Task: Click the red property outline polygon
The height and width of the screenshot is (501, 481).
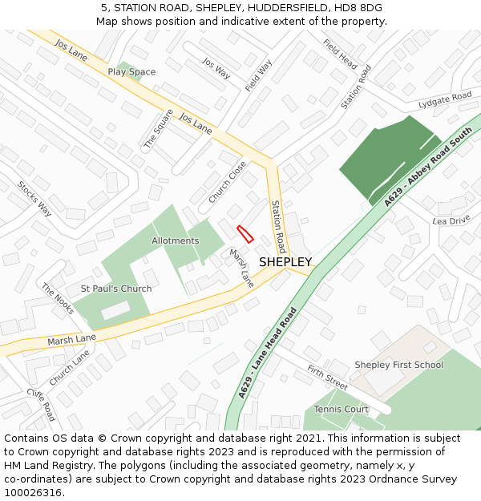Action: [x=245, y=233]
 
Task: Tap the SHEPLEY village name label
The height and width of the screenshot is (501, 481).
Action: [x=285, y=262]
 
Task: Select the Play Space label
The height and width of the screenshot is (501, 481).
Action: [x=131, y=72]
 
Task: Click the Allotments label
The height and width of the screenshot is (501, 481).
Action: [x=175, y=240]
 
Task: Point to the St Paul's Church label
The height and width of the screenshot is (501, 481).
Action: [x=116, y=289]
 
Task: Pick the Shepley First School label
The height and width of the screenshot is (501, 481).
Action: [x=398, y=365]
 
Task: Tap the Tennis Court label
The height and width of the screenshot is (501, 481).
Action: [x=341, y=409]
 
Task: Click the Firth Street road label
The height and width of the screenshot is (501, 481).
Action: [x=327, y=378]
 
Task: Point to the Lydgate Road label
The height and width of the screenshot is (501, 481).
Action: [x=445, y=100]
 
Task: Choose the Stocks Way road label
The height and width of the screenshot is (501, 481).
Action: [x=34, y=199]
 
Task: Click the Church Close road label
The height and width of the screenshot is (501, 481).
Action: [x=228, y=182]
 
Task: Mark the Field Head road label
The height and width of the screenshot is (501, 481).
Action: [x=340, y=54]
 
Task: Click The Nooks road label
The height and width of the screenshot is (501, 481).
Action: [x=58, y=299]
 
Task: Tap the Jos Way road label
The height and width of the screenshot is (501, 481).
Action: [x=216, y=68]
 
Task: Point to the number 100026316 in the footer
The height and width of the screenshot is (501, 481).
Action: [x=33, y=492]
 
